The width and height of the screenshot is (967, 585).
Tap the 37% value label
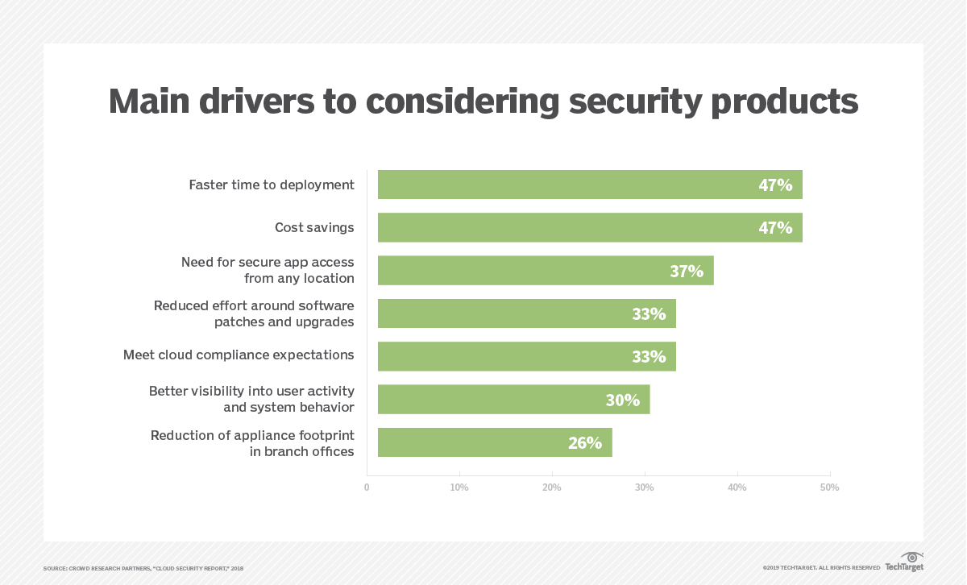pos(687,271)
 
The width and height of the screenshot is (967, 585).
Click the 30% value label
pos(622,400)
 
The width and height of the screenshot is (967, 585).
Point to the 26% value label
pos(584,442)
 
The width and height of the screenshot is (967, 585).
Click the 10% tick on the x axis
pos(459,487)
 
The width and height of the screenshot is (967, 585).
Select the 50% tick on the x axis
pos(829,487)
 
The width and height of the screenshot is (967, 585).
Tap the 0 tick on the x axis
pos(367,487)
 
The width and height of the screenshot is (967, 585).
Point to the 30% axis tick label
pos(644,487)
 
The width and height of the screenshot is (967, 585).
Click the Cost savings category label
pos(314,227)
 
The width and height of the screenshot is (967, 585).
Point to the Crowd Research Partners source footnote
pos(143,568)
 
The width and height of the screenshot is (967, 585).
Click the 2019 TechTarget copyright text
pos(821,568)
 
